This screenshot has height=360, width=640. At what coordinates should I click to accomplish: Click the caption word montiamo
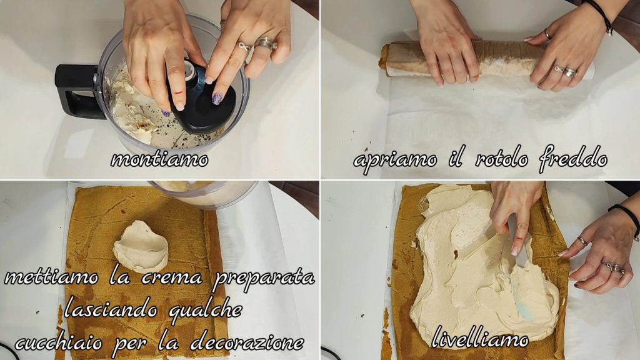[x=159, y=159]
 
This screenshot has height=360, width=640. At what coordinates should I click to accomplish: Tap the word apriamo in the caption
[x=395, y=159]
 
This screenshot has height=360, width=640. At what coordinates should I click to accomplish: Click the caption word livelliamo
[x=479, y=337]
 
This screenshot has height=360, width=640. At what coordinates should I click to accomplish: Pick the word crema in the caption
[x=172, y=277]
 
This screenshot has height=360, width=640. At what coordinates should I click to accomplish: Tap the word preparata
[x=264, y=278]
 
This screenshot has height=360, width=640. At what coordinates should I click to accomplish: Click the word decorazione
[x=247, y=342]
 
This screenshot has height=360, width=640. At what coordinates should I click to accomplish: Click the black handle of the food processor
[x=76, y=91]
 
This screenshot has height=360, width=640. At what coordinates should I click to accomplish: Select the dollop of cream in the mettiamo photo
[x=141, y=246]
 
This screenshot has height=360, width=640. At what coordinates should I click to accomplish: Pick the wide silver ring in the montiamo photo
[x=266, y=43]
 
